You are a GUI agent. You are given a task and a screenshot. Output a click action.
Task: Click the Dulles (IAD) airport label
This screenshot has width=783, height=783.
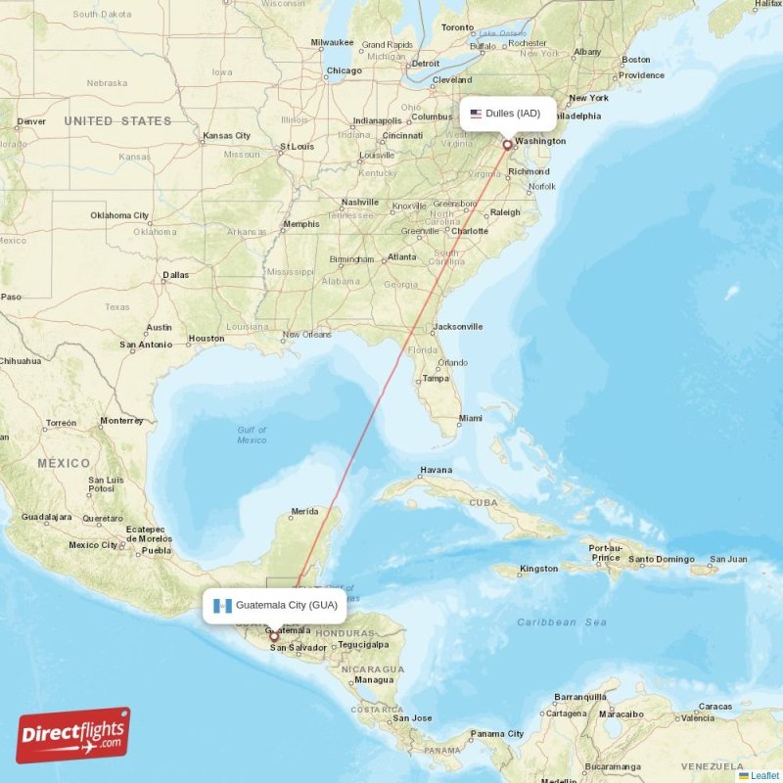(x=513, y=114)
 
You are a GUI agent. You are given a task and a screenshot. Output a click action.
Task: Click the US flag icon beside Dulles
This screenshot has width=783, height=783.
(x=476, y=114)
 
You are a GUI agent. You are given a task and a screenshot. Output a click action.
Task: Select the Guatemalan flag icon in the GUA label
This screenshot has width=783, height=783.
(x=221, y=605)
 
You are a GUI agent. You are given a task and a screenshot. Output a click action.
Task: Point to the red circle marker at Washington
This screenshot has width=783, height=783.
(x=507, y=145)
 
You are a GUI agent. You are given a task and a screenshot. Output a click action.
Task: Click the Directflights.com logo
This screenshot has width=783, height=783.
(x=73, y=735)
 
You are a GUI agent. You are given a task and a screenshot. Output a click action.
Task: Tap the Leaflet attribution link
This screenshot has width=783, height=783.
(x=764, y=775)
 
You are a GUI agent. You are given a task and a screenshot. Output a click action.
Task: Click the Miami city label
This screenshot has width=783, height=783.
(x=471, y=418)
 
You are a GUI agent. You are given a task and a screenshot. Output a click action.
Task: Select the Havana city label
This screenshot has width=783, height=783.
(x=436, y=470)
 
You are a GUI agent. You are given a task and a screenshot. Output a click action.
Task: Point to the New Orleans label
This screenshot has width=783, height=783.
(x=307, y=334)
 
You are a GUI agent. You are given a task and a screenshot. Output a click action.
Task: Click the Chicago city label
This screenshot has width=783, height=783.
(x=344, y=70)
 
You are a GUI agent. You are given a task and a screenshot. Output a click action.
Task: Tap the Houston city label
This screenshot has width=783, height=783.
(x=207, y=339)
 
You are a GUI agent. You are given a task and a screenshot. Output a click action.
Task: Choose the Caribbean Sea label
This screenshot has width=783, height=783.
(x=562, y=622)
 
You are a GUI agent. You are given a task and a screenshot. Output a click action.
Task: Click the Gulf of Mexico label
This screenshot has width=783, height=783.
(x=252, y=436)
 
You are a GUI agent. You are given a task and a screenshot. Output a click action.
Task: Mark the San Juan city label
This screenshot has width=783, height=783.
(x=728, y=560)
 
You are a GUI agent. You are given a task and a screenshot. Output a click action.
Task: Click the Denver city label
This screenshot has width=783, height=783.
(x=31, y=121)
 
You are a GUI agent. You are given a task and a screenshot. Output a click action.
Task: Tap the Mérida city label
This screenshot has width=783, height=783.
(x=304, y=511)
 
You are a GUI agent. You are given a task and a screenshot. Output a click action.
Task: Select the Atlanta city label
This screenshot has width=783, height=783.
(x=401, y=257)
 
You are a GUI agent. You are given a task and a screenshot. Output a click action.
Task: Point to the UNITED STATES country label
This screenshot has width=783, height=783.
(x=117, y=121)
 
